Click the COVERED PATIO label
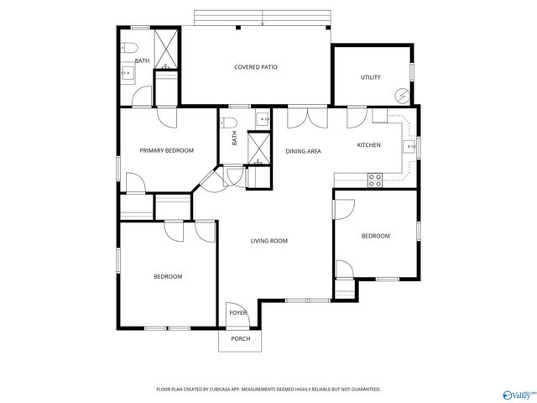click(256, 66)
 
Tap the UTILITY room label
click(371, 77)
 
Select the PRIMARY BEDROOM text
click(166, 150)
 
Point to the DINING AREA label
click(303, 151)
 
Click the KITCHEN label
click(368, 145)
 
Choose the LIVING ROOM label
click(268, 241)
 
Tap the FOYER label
click(238, 313)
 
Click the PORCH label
click(240, 339)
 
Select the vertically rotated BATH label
click(235, 139)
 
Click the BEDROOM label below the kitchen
click(375, 236)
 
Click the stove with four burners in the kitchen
click(375, 178)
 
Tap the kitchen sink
click(410, 146)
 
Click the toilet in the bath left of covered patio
click(126, 47)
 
